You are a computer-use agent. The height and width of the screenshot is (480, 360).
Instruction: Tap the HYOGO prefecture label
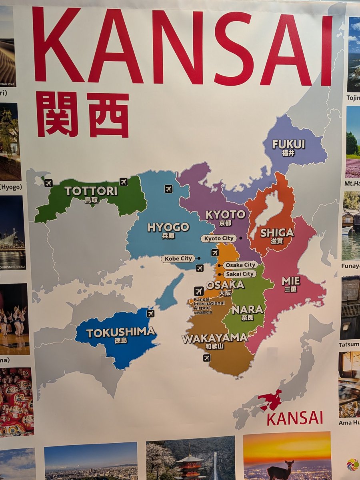coord(168,228)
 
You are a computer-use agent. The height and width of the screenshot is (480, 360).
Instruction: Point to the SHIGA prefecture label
coord(277,233)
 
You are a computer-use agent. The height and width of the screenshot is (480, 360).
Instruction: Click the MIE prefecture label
coord(291,281)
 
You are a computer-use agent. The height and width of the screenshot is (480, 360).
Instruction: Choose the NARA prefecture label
coord(248,310)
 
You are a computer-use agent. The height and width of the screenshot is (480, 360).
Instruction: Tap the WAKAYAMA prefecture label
coord(214,339)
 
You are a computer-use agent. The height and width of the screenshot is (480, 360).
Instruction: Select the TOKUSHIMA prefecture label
coord(120,332)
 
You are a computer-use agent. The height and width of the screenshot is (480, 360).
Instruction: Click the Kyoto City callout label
coord(218,238)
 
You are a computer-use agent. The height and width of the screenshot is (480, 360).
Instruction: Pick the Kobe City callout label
coord(178,259)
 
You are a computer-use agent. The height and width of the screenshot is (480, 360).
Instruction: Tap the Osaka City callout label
coord(240,265)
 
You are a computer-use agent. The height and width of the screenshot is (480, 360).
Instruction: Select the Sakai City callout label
coord(239,274)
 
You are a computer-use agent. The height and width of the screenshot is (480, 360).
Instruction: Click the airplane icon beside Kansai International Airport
coord(199,292)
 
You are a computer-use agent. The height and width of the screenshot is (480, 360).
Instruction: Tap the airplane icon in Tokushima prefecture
coord(150,314)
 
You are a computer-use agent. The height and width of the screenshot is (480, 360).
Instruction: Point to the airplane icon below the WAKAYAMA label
coord(206,358)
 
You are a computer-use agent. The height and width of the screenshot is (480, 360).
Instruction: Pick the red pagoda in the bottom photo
coord(190,464)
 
